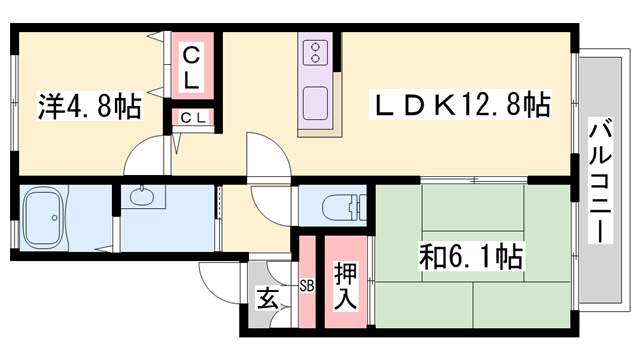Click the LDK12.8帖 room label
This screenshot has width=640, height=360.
(460, 104)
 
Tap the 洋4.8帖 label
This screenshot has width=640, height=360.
(89, 106)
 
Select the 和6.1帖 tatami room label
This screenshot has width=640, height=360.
(471, 256)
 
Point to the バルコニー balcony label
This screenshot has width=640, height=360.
(600, 180)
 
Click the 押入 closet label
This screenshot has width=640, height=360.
(345, 286)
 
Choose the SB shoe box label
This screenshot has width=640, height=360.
(307, 286)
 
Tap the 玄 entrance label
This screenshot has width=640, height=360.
(268, 298)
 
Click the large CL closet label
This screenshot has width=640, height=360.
(191, 68)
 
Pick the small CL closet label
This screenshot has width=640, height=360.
(193, 118)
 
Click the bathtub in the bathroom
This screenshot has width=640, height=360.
(46, 218)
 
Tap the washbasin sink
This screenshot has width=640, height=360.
(142, 196)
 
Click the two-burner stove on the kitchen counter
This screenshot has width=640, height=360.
(315, 53)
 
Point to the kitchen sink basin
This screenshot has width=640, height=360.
(315, 103)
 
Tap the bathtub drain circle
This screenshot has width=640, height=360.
(55, 218)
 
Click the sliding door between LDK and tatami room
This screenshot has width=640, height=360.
(474, 180)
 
